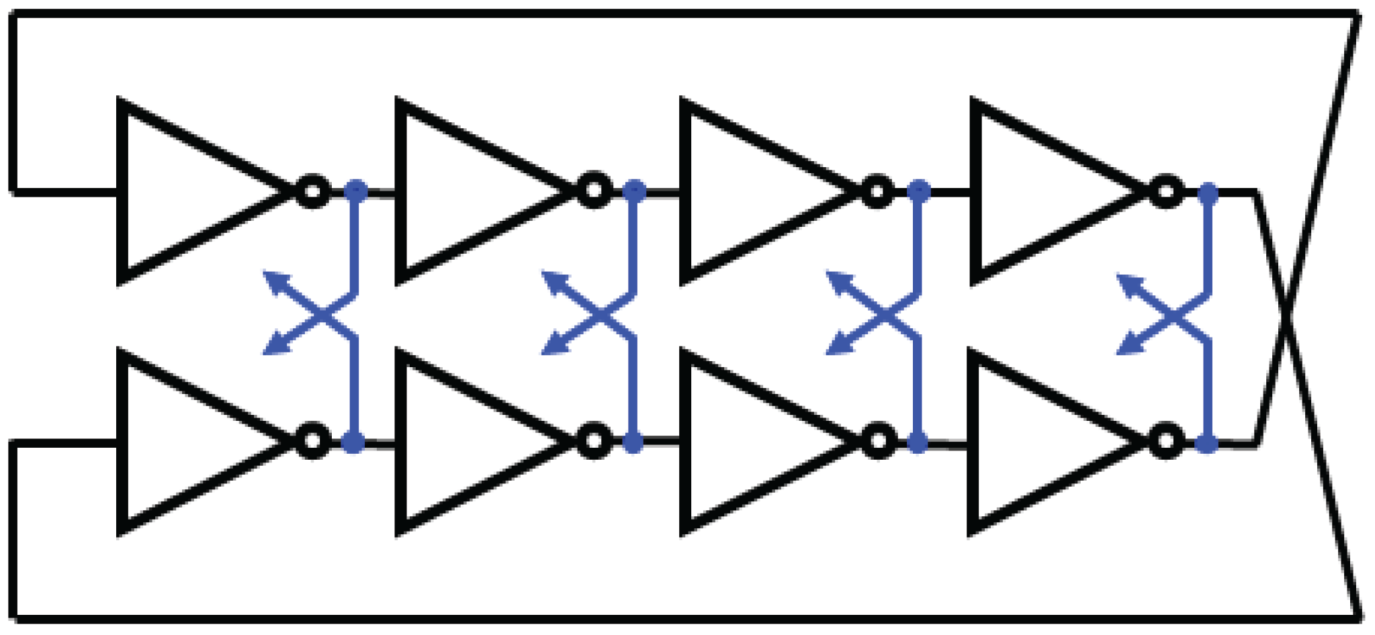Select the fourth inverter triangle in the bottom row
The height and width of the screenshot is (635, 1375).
(1041, 442)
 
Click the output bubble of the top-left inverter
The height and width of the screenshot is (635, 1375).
(312, 191)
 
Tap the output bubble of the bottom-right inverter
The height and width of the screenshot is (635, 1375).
(1167, 442)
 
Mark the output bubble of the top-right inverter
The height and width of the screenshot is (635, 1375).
(1167, 192)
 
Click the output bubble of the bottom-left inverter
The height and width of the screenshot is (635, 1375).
(312, 442)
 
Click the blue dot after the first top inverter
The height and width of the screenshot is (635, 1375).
(356, 191)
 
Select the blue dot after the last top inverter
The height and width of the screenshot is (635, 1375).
(1208, 193)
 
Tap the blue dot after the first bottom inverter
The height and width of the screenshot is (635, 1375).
(353, 442)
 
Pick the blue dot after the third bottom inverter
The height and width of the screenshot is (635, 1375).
(918, 442)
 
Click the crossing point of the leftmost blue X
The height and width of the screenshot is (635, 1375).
(324, 315)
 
